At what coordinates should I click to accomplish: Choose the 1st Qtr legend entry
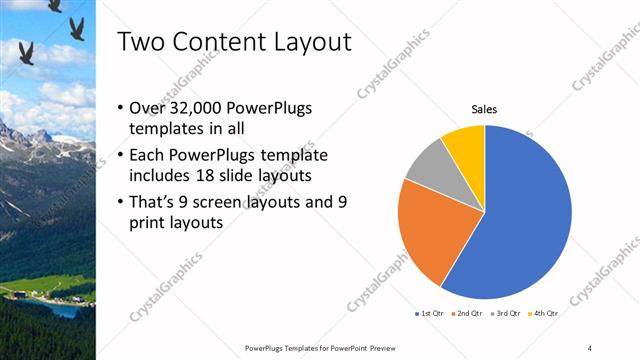[x=431, y=313]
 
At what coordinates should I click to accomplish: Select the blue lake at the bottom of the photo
[x=60, y=311]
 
